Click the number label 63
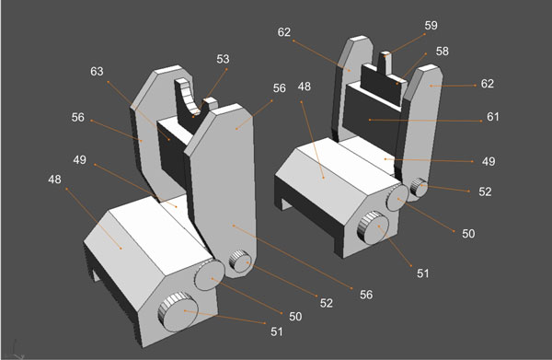coord(98,71)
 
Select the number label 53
coord(224,60)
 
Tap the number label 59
coord(431,26)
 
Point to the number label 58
coord(443,53)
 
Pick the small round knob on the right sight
coord(419,188)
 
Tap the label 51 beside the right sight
coord(423,273)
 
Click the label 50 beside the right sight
coord(468,234)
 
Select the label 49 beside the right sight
coord(489,161)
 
